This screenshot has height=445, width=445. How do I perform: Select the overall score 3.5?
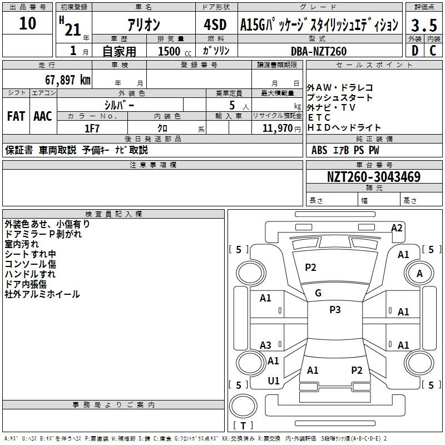click(424, 25)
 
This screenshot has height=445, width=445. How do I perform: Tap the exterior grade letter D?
click(414, 51)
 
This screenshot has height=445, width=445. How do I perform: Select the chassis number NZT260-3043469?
click(373, 177)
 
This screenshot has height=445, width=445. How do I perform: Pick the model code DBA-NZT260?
click(319, 51)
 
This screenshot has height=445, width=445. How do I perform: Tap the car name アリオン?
click(144, 25)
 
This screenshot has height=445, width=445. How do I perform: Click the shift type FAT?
click(16, 116)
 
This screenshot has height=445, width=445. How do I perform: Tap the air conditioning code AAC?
click(42, 116)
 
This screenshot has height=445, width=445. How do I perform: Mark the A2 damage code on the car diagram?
click(397, 228)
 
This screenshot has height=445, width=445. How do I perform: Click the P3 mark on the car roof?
click(335, 310)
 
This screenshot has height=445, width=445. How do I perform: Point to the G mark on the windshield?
click(318, 293)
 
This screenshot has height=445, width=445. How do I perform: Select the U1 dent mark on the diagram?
click(274, 381)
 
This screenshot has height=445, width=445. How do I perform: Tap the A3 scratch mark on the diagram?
click(266, 345)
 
